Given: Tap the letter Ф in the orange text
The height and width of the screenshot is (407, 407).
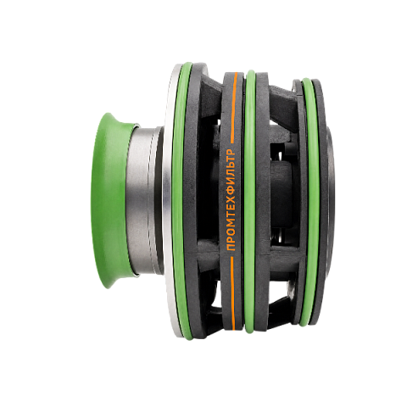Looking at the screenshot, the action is pyautogui.click(x=231, y=192).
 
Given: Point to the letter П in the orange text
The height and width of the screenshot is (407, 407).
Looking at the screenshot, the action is pyautogui.click(x=231, y=247).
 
